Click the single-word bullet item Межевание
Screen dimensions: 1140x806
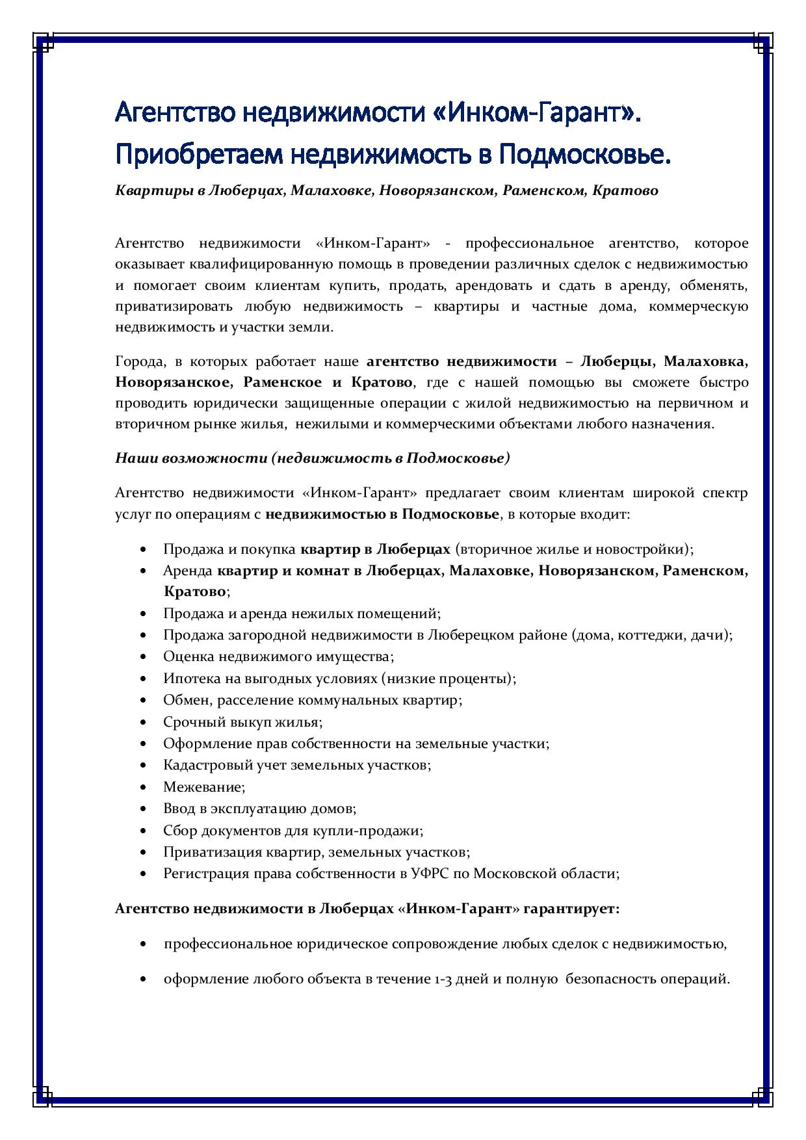203,787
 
